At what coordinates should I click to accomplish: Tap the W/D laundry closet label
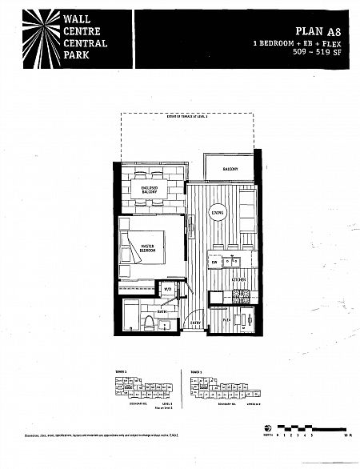coord(168,290)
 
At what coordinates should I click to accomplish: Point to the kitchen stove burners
coord(242,297)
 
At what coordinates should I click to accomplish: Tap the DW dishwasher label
coord(214,262)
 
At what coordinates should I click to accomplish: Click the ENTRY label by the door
coord(195,323)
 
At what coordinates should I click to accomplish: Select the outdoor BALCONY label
coord(230,170)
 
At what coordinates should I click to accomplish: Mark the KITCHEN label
coord(238,279)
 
